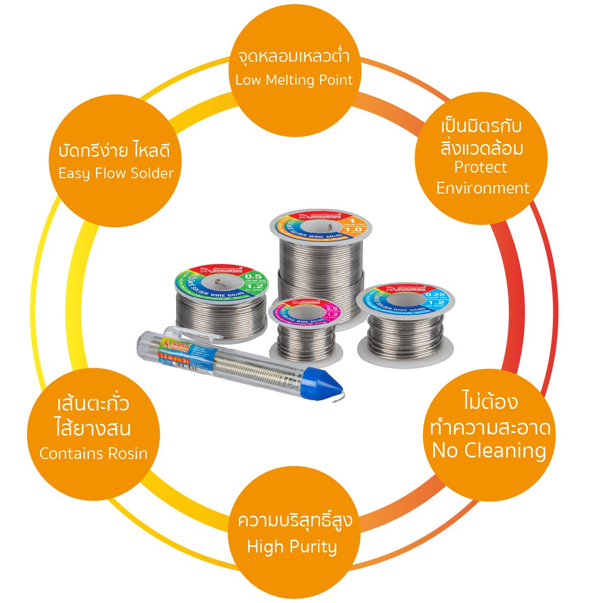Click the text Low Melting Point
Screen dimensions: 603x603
click(294, 80)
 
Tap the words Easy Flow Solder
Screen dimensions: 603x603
click(116, 174)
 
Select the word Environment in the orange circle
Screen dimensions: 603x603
click(483, 188)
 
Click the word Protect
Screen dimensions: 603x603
click(480, 167)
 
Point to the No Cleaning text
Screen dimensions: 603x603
click(489, 450)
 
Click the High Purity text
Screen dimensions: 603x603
click(292, 547)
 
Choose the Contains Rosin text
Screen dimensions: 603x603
click(93, 453)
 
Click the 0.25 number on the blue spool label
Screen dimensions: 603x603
click(435, 295)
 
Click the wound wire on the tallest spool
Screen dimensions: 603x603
click(321, 276)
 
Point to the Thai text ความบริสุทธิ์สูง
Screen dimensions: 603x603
click(295, 522)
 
